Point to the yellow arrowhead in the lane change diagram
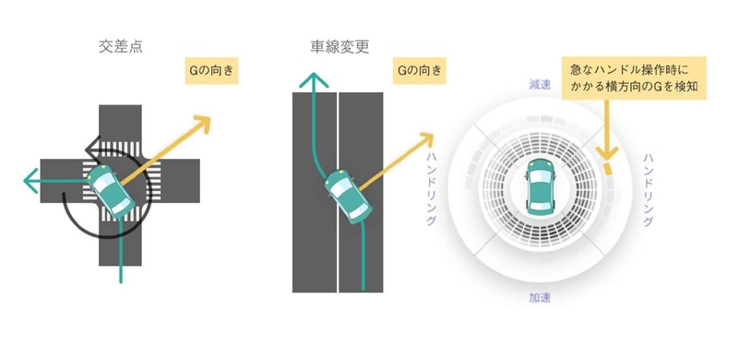[x=426, y=138]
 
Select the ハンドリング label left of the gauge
[x=432, y=189]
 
